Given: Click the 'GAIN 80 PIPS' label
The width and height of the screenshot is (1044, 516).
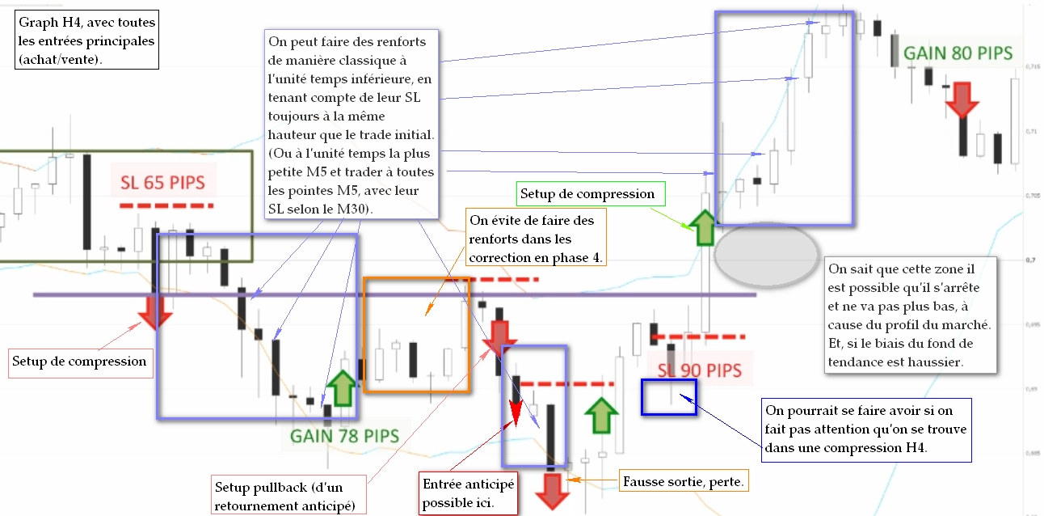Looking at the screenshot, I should [x=958, y=53].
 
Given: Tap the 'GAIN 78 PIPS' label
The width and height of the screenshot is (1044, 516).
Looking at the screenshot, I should [x=345, y=436].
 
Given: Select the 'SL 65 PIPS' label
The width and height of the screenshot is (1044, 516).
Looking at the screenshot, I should [x=163, y=183].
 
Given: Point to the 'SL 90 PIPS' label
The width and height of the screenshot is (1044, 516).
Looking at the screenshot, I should [x=699, y=370].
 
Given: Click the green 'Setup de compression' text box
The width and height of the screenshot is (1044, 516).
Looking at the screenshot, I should [x=588, y=194].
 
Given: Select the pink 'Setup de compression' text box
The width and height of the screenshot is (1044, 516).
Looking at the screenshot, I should [x=80, y=362].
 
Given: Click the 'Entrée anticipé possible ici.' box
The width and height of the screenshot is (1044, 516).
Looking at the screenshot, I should [x=468, y=493].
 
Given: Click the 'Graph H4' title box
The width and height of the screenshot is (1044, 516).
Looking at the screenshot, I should [x=88, y=40].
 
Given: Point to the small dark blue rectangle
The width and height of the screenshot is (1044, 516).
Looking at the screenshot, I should [x=668, y=396].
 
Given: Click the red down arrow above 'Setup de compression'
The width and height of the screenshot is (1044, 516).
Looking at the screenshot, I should [x=154, y=311].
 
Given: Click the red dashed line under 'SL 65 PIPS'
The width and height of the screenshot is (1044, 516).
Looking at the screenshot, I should [x=166, y=206].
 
